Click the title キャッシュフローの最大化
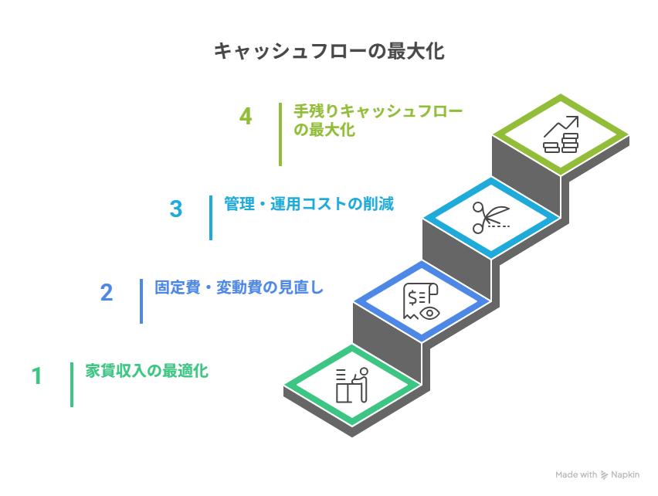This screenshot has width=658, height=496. [328, 52]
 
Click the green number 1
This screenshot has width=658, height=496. [36, 376]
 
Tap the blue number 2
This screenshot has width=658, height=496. [107, 293]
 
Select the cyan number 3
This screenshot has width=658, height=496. [176, 209]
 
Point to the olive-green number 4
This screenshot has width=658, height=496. [246, 117]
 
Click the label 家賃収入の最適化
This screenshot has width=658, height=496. [147, 371]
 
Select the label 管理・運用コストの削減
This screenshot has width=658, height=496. [308, 204]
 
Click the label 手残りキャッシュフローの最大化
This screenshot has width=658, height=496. [378, 121]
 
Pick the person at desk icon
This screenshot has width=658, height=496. [351, 385]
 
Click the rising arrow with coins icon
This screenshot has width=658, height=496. [561, 134]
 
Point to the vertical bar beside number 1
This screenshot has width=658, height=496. [72, 384]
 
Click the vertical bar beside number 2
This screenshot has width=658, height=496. [141, 301]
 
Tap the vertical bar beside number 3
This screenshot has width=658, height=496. [211, 217]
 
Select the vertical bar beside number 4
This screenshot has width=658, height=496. [280, 134]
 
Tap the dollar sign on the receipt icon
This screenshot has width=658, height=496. [413, 296]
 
